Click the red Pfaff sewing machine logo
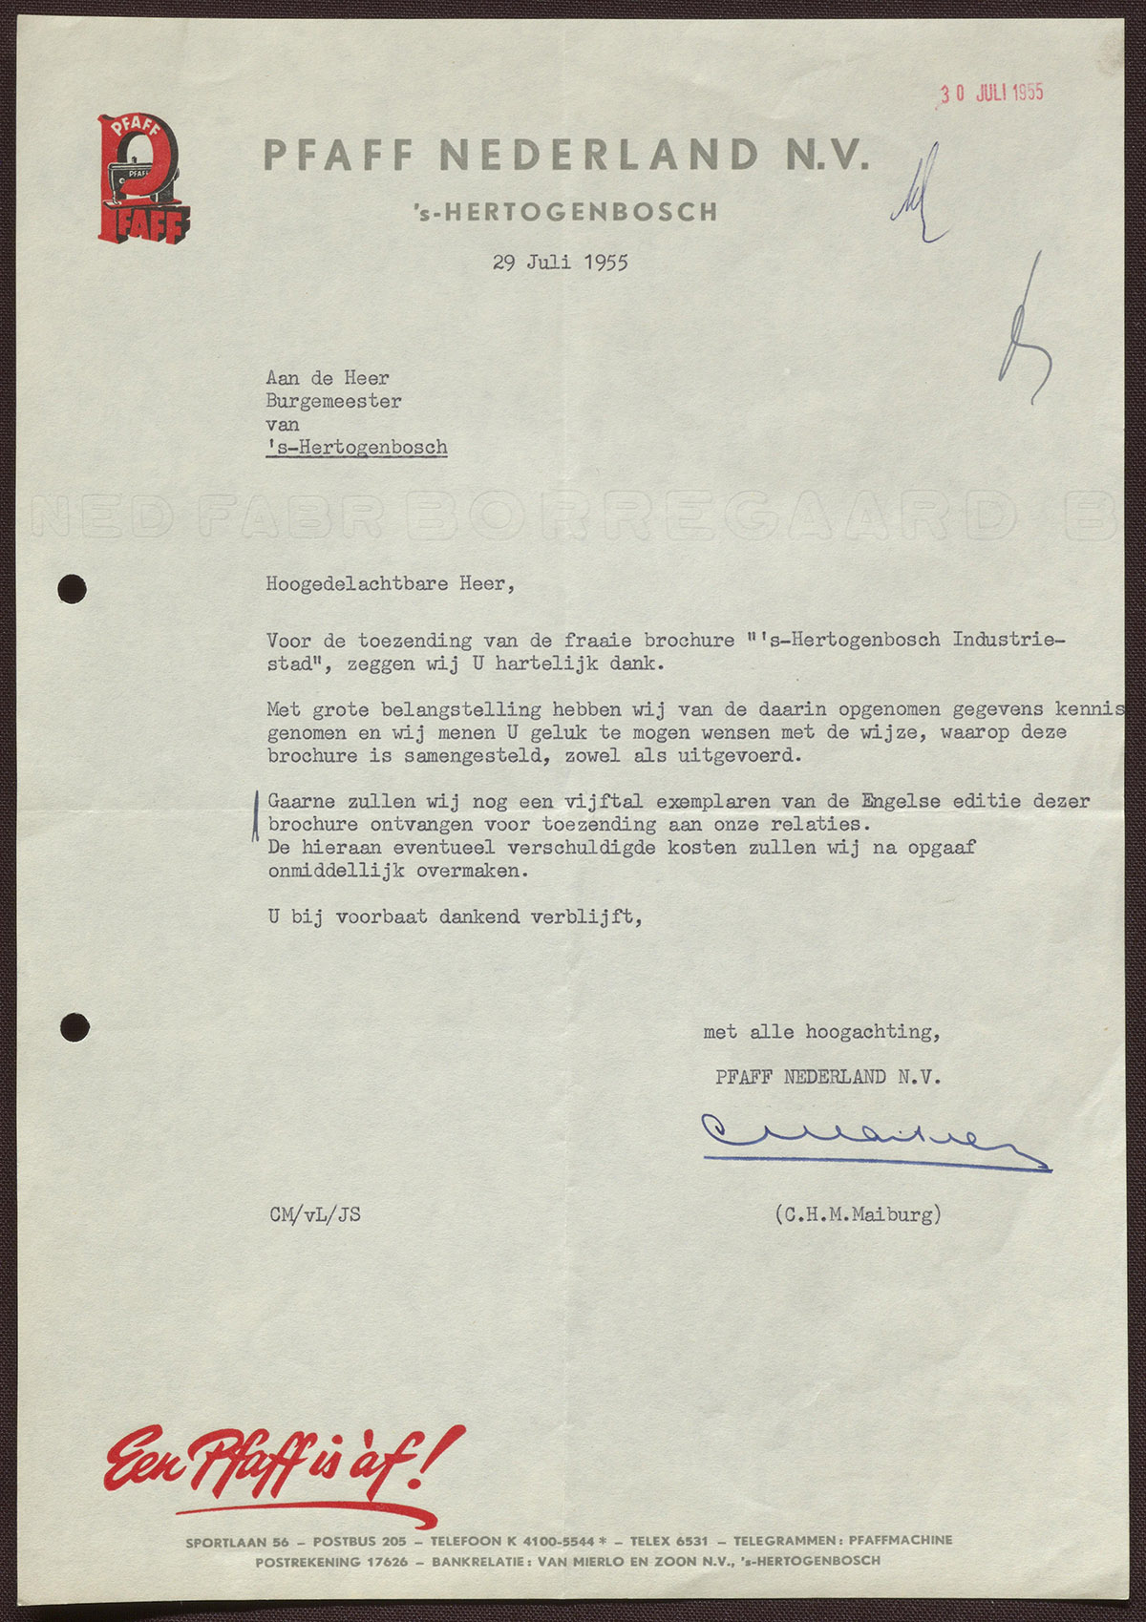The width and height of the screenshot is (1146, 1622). (143, 179)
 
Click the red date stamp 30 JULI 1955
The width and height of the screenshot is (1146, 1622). (991, 93)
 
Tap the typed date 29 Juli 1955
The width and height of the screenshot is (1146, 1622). (561, 263)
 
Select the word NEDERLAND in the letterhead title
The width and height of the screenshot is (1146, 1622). (600, 155)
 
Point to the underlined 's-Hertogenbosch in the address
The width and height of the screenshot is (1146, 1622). (357, 448)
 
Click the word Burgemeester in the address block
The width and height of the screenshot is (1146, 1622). (333, 402)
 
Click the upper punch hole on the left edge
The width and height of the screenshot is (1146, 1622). (73, 589)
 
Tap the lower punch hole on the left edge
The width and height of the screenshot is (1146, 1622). (74, 1027)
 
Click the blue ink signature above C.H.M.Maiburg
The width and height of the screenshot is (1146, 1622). (869, 1138)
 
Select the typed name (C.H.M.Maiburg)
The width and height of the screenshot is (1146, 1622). (858, 1214)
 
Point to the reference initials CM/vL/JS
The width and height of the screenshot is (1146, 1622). (315, 1215)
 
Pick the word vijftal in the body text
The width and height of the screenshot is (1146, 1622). (603, 801)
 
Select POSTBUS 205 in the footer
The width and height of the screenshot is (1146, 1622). (359, 1541)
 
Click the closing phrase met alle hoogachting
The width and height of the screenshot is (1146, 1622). (821, 1032)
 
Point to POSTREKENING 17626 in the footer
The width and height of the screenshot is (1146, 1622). (331, 1562)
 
